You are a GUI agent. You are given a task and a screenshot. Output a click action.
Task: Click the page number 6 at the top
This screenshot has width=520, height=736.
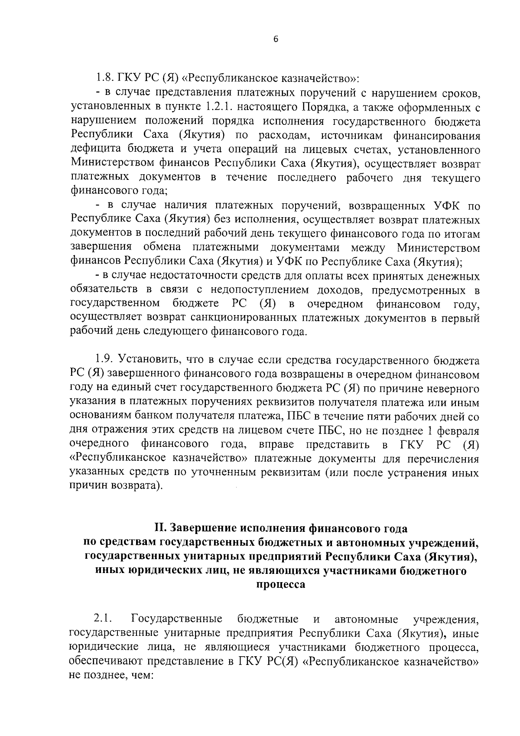(x=276, y=39)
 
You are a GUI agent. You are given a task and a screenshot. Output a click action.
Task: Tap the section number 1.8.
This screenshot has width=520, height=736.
(x=104, y=79)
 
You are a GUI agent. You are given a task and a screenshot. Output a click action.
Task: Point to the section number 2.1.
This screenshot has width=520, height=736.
(x=103, y=618)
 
